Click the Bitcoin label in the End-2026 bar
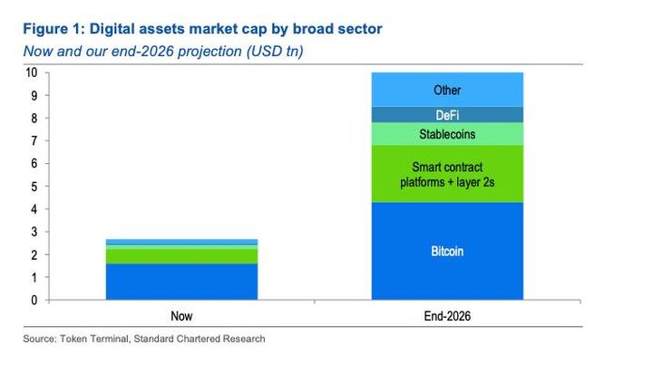(447, 251)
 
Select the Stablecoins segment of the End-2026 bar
(447, 134)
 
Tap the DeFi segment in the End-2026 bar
(447, 114)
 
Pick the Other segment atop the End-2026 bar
(447, 90)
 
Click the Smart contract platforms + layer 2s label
(447, 175)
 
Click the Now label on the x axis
(180, 317)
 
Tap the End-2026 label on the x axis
(447, 317)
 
